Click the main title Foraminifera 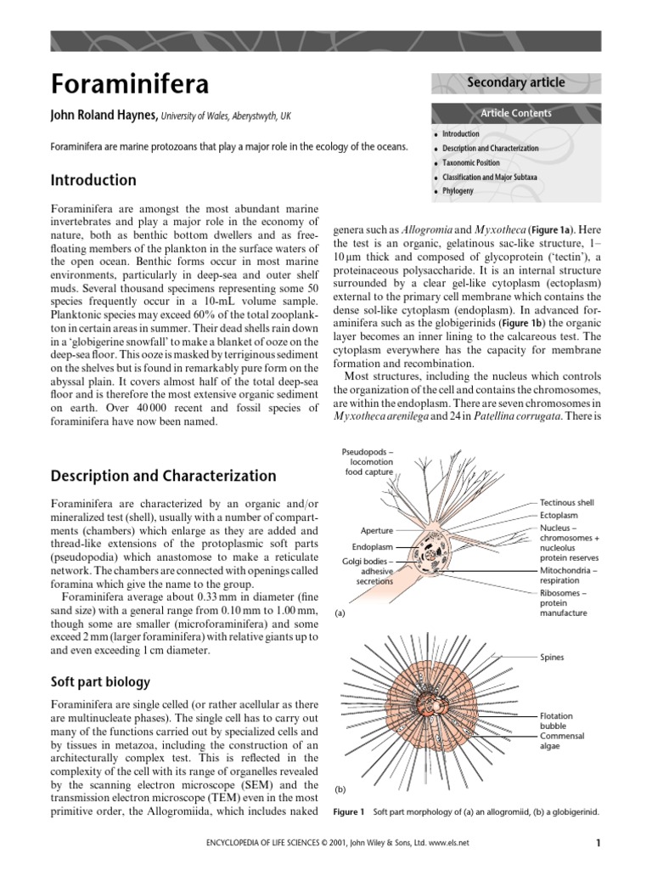pos(130,85)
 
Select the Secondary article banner pos(516,82)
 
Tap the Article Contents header pos(516,113)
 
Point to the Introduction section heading pos(93,180)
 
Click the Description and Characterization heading pos(163,476)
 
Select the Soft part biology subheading pos(101,681)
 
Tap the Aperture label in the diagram pos(376,530)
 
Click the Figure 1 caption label pos(349,812)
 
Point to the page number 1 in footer pos(599,843)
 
